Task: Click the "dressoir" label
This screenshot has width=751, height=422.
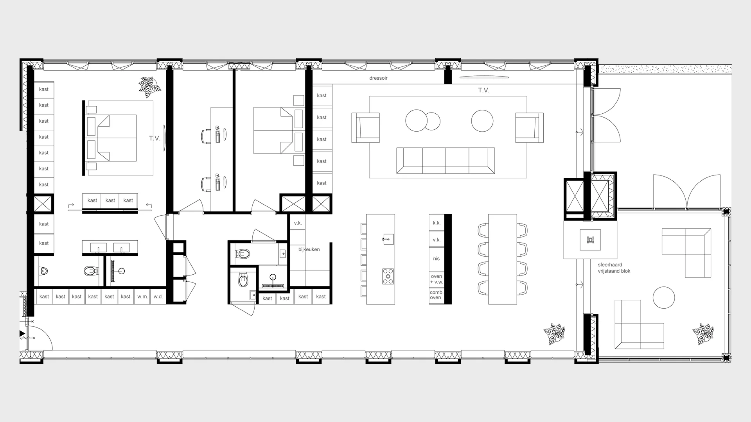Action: point(378,78)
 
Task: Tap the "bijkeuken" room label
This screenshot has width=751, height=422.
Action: point(309,249)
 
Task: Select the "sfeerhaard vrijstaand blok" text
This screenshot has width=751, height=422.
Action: point(614,268)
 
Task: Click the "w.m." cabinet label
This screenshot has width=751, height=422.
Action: point(142,297)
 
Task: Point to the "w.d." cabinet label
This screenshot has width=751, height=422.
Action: point(158,297)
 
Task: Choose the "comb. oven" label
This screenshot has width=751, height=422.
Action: point(436,295)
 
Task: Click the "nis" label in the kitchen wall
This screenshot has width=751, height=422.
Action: point(436,259)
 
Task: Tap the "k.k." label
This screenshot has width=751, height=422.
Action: point(437,223)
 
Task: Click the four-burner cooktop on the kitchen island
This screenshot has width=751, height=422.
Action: point(388,276)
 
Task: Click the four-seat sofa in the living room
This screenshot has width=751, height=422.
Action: point(446,160)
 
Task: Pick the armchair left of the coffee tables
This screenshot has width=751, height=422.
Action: point(366,128)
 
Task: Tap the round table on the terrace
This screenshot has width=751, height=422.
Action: point(664,298)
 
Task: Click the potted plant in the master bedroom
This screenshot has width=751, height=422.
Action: point(149,87)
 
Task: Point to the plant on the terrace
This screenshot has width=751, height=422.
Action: point(703,334)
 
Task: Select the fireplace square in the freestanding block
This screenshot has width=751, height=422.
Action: point(590,240)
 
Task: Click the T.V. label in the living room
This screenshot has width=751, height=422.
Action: point(484,90)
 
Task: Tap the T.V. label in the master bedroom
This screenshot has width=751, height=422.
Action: point(155,138)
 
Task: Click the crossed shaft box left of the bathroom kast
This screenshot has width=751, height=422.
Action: point(43,204)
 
